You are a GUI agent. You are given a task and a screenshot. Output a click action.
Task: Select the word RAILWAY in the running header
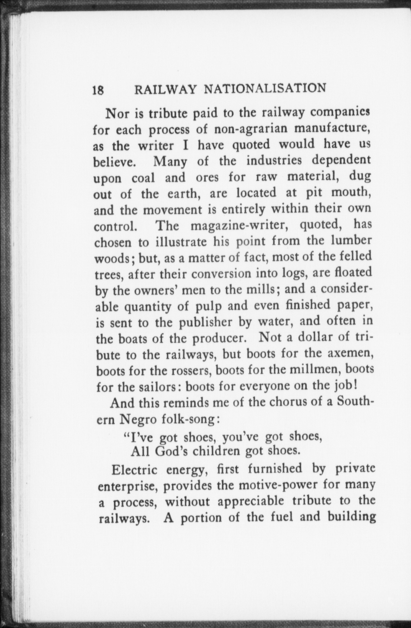[x=166, y=89]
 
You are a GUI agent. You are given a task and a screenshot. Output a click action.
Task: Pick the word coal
[x=143, y=178]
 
